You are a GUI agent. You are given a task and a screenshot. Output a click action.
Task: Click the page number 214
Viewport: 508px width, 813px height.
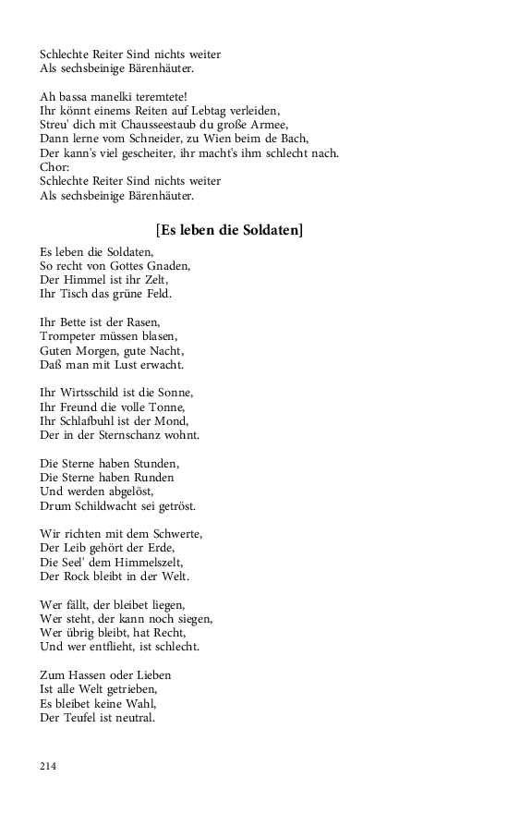point(48,766)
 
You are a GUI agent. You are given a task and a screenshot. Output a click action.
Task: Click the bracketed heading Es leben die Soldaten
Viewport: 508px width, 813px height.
point(230,229)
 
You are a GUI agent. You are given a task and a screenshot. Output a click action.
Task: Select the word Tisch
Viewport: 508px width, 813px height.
point(75,295)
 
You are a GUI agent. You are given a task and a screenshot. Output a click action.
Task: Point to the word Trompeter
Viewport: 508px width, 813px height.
point(71,337)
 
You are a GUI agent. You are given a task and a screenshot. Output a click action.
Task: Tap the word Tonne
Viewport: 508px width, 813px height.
point(167,407)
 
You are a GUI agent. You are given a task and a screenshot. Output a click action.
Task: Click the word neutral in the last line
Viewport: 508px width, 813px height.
point(135,718)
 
